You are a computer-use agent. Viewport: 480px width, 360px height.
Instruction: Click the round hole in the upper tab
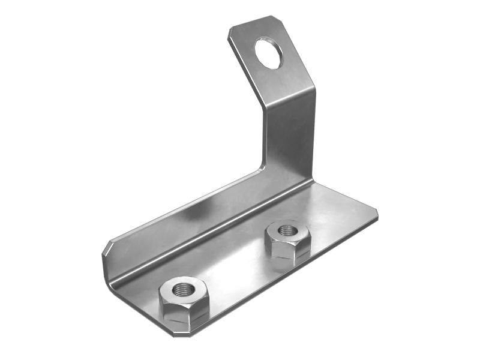pyautogui.click(x=268, y=53)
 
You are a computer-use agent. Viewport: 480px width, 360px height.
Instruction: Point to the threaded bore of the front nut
pyautogui.click(x=182, y=290)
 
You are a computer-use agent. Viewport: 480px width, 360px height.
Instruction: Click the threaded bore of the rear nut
pyautogui.click(x=287, y=230)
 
